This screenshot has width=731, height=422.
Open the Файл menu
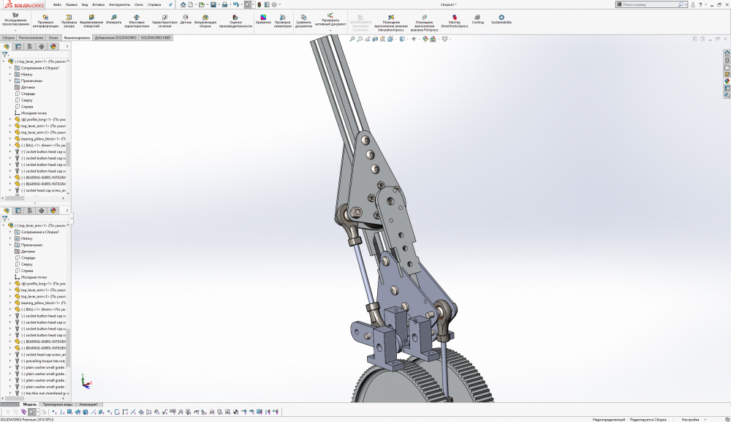57,4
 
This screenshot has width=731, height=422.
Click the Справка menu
154,4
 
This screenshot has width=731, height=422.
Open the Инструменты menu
119,4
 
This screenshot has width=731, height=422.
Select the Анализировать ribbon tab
77,37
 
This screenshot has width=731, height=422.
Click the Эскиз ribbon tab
53,37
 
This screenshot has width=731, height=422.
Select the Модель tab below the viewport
30,404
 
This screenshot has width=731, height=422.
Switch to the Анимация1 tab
88,404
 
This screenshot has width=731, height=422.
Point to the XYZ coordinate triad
86,383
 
